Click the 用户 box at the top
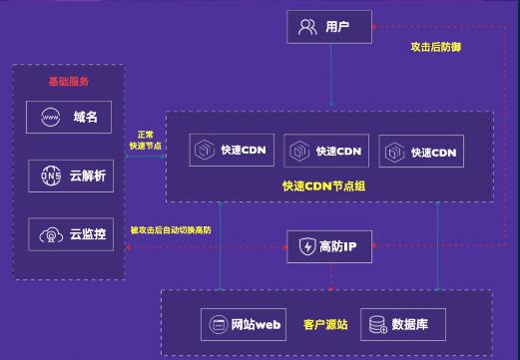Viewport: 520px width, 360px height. pos(329,26)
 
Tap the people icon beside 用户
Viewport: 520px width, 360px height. pos(307,27)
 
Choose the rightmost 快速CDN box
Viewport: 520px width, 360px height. pos(422,153)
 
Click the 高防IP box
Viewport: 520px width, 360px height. pos(329,246)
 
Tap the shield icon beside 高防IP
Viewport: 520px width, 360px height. pos(305,246)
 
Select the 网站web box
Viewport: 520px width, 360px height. pos(244,324)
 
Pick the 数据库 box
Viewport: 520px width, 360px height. pos(398,324)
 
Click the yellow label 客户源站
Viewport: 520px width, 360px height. pos(324,324)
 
